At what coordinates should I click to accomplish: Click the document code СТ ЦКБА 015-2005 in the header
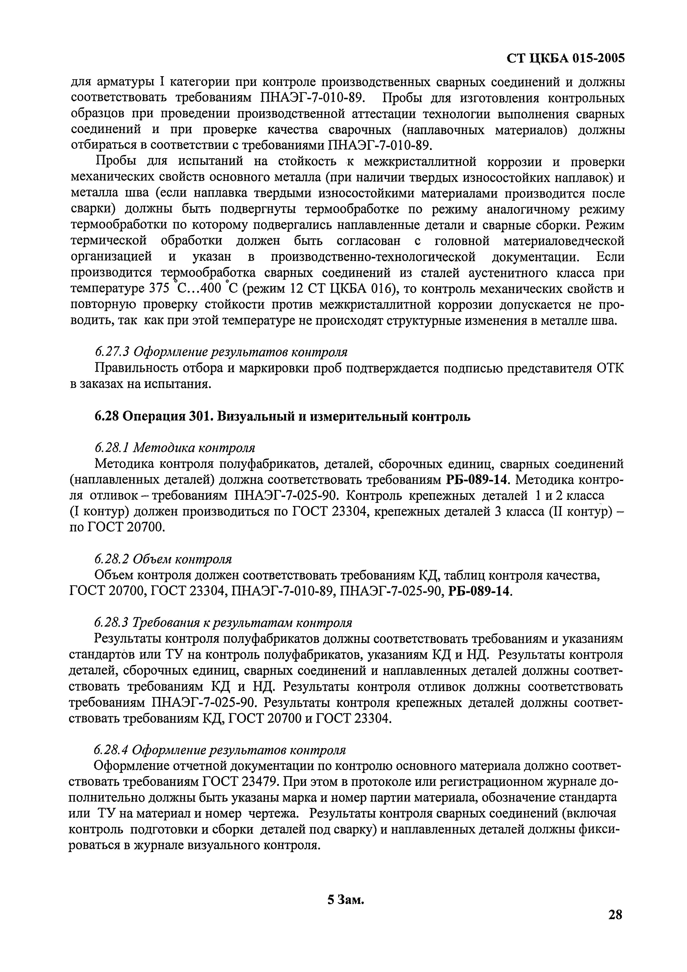click(x=565, y=58)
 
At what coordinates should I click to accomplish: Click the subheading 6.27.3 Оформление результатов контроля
click(x=221, y=352)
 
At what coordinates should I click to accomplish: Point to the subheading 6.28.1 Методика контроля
click(x=175, y=448)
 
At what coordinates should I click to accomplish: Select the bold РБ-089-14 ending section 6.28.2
click(x=479, y=591)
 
